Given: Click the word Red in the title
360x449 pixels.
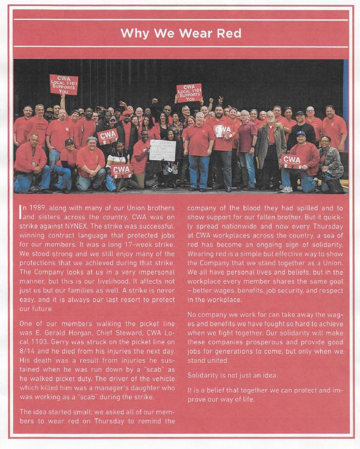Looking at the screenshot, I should (227, 33).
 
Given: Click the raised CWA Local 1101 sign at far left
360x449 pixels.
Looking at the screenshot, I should (64, 84).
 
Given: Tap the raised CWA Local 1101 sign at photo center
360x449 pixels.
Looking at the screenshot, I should (189, 92).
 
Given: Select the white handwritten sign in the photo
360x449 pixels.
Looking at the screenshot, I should (162, 150).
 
